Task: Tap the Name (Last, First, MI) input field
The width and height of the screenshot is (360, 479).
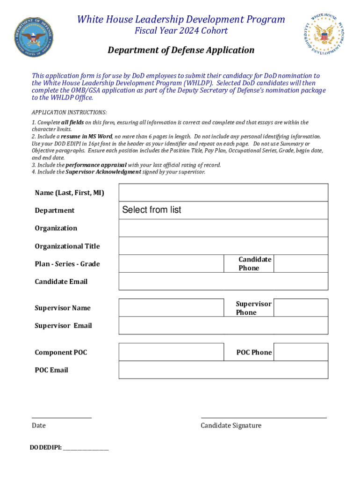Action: [x=223, y=192]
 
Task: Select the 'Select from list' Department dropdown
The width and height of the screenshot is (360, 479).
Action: [x=223, y=210]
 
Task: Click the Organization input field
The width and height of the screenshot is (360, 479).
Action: [x=223, y=228]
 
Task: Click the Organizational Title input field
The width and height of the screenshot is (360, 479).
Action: [x=223, y=246]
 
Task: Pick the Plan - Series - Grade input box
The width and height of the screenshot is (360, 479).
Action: [x=171, y=263]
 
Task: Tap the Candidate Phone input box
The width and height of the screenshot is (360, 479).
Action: [x=301, y=263]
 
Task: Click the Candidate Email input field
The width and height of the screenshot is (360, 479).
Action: [x=223, y=281]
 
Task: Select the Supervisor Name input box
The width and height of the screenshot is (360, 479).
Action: [x=171, y=307]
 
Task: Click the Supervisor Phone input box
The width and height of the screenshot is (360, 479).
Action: [x=301, y=307]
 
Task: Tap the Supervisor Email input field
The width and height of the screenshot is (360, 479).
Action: [x=223, y=325]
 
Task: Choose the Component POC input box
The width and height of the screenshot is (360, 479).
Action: [x=171, y=352]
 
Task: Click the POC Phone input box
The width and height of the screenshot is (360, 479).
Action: [x=301, y=352]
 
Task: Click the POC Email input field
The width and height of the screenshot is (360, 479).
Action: [x=223, y=370]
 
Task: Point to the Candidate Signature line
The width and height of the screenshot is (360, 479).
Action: [x=264, y=417]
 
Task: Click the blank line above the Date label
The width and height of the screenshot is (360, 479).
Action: [x=61, y=417]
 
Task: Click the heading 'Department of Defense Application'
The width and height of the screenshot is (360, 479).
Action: [x=181, y=50]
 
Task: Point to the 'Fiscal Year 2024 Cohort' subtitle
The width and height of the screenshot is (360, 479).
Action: [x=181, y=31]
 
